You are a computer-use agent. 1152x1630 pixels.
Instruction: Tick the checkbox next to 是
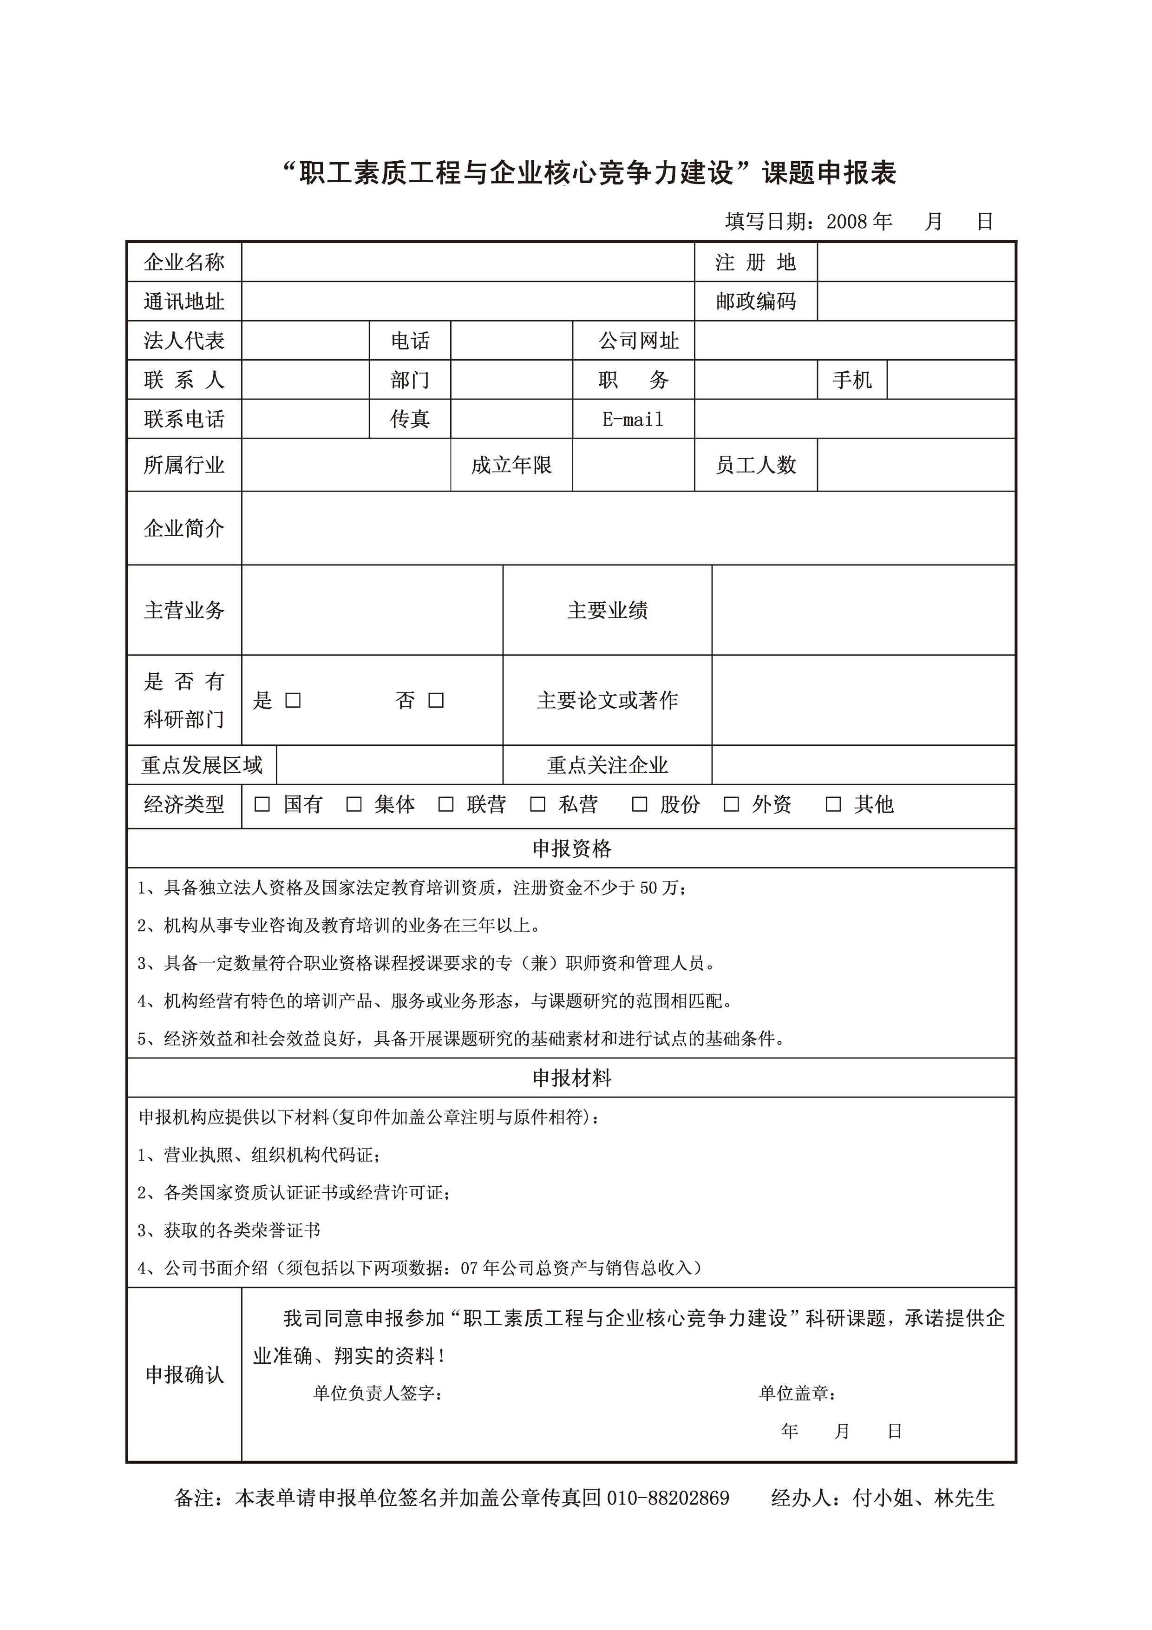[293, 701]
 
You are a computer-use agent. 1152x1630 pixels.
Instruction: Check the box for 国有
[262, 804]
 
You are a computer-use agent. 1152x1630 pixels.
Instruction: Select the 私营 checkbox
[537, 804]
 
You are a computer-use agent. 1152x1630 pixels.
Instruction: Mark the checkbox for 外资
[731, 804]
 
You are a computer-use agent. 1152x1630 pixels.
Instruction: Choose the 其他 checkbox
[833, 804]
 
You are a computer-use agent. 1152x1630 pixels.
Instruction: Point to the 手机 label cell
[852, 380]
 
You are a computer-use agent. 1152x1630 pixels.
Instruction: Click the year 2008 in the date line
[847, 222]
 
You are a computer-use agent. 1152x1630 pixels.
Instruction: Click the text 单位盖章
[797, 1393]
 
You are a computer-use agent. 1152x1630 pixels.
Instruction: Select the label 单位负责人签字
[378, 1393]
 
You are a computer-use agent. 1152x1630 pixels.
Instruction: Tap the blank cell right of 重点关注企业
[863, 765]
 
